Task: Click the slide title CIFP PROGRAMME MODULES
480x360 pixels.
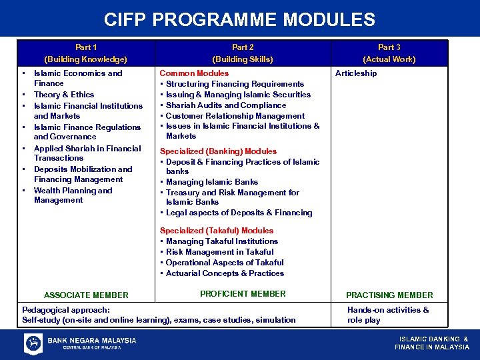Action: tap(240, 19)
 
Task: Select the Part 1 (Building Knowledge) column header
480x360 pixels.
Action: tap(85, 53)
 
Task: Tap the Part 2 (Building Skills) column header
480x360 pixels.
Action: tap(243, 53)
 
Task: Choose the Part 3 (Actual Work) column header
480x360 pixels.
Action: tap(389, 53)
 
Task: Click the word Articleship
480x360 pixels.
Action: tap(356, 73)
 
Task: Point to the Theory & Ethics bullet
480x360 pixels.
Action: tap(64, 95)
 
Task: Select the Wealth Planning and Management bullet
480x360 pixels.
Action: tap(73, 195)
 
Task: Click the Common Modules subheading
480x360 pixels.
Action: tap(194, 73)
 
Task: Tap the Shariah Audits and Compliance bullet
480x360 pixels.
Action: tap(226, 105)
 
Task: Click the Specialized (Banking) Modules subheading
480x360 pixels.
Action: tap(218, 151)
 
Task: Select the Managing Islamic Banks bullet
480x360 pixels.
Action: tap(212, 182)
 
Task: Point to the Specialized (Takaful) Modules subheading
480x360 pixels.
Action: tap(217, 231)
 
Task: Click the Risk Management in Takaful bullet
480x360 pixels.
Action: tap(219, 252)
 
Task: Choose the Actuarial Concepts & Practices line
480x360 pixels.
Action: tap(225, 273)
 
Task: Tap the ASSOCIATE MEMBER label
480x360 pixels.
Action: tap(86, 295)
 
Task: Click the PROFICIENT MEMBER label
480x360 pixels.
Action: tap(243, 294)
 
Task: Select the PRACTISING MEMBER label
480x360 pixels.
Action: tap(389, 295)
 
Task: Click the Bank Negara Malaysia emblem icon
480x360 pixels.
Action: tap(33, 343)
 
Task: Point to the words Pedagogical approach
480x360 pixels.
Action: tap(66, 310)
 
